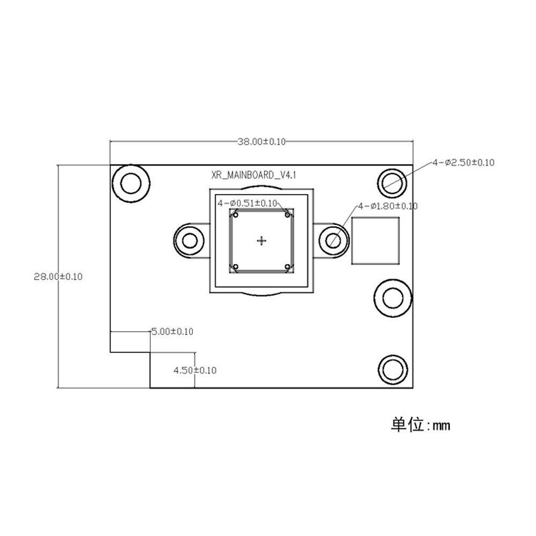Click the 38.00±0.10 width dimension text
click(262, 142)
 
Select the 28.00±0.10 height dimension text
click(58, 277)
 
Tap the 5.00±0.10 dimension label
click(172, 332)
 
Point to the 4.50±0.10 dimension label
click(194, 370)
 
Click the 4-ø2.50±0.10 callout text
click(463, 162)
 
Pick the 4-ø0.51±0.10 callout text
click(247, 203)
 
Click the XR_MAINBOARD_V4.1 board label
click(254, 175)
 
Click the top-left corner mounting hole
click(130, 184)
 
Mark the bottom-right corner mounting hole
click(392, 370)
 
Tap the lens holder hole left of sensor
click(190, 241)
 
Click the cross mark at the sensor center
click(262, 241)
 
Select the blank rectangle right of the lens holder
click(376, 241)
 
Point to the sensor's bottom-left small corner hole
click(234, 266)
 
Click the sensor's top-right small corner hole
click(288, 215)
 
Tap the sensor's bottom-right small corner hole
click(288, 266)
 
